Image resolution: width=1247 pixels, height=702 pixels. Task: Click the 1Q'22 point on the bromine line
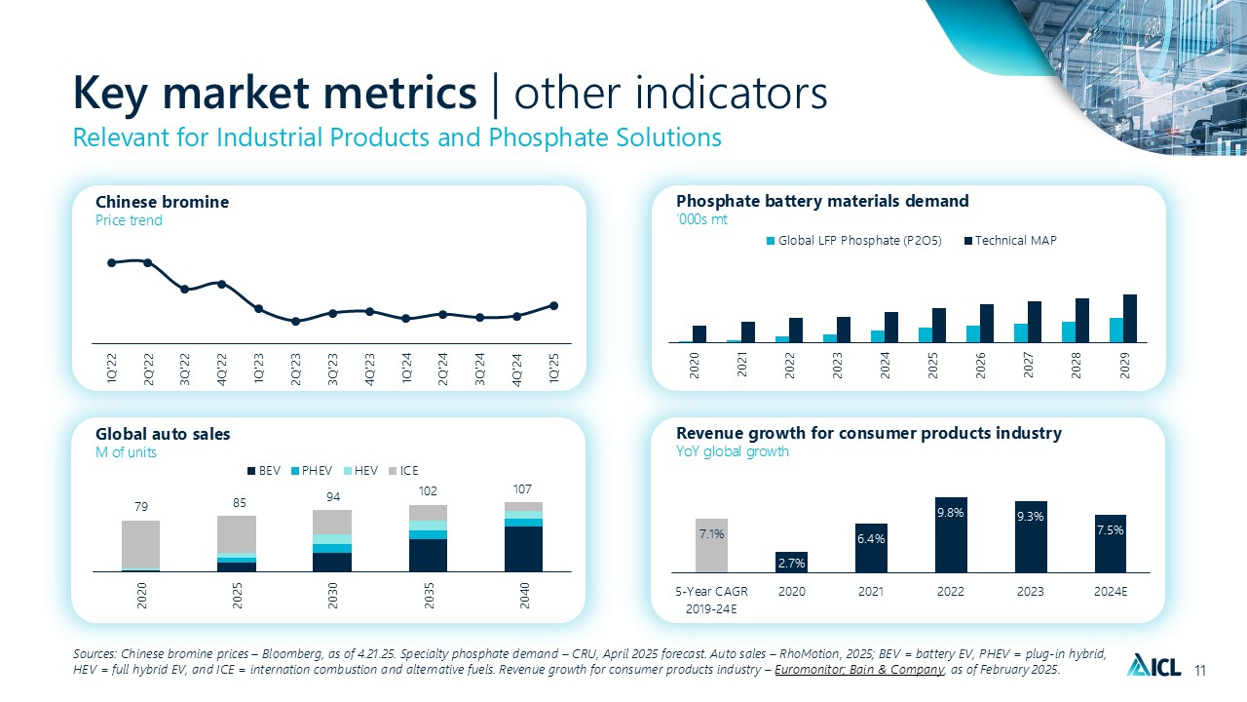pos(111,262)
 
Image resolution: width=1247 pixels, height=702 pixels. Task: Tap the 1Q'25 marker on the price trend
pos(553,305)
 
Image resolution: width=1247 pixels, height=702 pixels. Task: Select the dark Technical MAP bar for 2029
pos(1130,318)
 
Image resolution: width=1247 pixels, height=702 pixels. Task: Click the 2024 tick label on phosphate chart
pos(886,365)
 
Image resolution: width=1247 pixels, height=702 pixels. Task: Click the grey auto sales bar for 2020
pos(140,545)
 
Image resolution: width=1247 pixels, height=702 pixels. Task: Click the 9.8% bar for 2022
pos(951,534)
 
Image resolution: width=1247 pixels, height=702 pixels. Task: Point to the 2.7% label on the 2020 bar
pos(791,562)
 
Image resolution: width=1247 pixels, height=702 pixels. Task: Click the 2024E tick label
pos(1110,590)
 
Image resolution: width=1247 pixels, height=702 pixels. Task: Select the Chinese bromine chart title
pos(163,202)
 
